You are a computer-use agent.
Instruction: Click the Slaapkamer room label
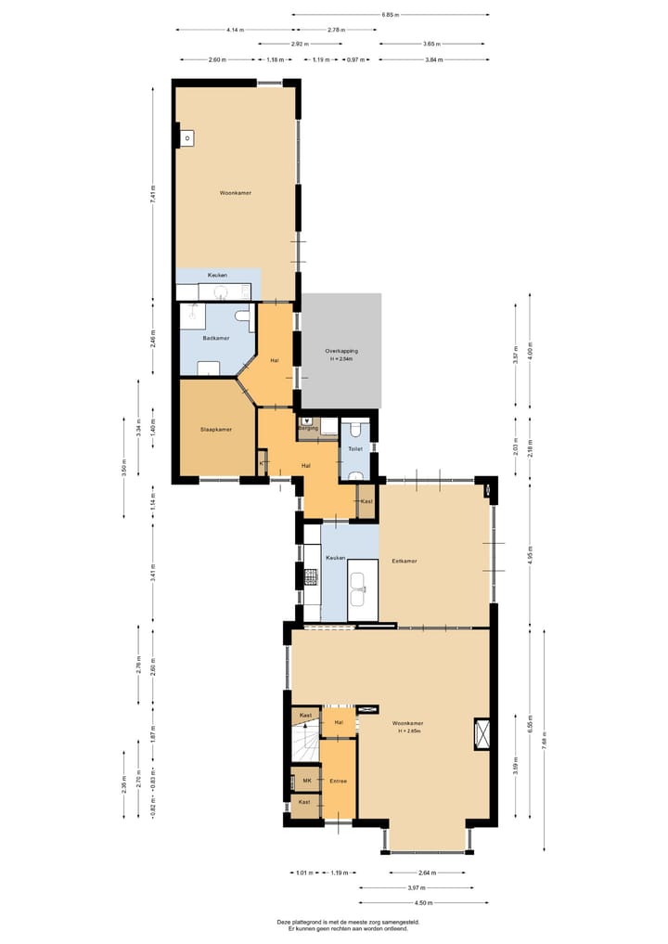coord(215,430)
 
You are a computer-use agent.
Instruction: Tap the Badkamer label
coord(215,338)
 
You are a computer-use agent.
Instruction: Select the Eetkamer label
coord(405,561)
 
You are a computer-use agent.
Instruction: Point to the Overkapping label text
coord(341,351)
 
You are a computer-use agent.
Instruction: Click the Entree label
coord(338,781)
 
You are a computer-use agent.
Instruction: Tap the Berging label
coord(309,429)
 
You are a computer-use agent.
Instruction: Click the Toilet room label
coord(354,448)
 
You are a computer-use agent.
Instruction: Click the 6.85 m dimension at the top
coord(390,14)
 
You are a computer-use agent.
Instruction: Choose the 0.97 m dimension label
coord(355,59)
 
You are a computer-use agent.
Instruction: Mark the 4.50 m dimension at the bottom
coord(423,901)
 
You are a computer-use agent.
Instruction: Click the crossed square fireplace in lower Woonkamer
coord(482,732)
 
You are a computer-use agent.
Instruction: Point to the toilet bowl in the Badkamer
coord(243,317)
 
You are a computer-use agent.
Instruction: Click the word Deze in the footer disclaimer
coord(284,922)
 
